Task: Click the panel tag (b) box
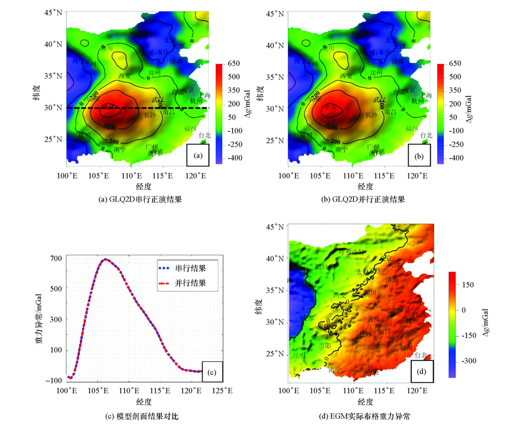click(419, 155)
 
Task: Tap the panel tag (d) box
click(421, 372)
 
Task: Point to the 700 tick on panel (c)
click(55, 259)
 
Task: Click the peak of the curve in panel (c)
click(105, 259)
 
